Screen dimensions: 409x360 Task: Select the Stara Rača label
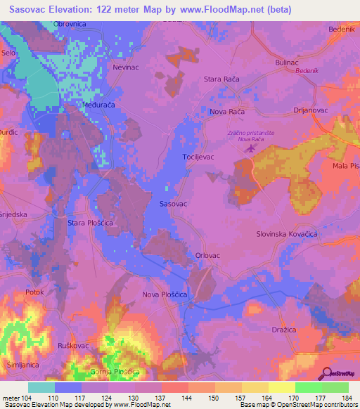221,79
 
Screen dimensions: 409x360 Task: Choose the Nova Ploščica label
165,295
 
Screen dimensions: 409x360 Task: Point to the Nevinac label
127,68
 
